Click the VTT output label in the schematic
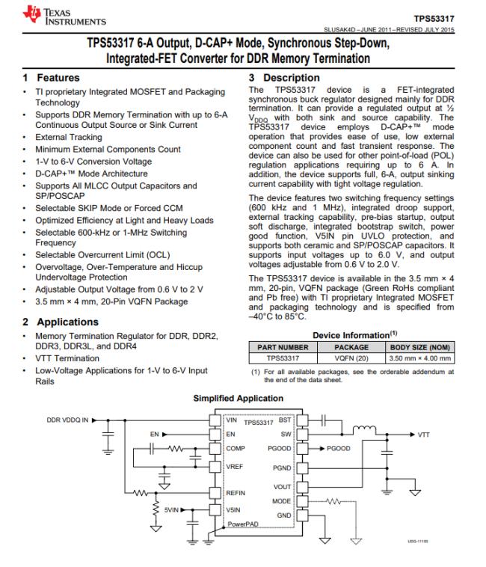click(x=424, y=435)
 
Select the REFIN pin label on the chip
click(x=238, y=493)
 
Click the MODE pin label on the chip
click(x=281, y=500)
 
